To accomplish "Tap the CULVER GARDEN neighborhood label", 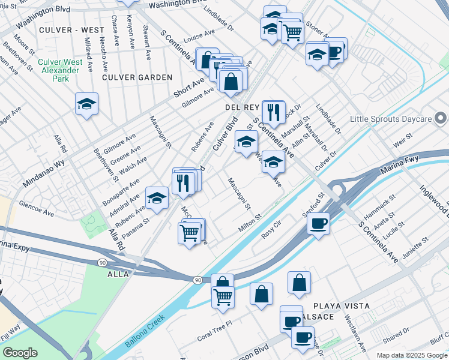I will pyautogui.click(x=137, y=77).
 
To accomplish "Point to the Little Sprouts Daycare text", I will pyautogui.click(x=391, y=119).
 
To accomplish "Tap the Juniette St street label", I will pyautogui.click(x=416, y=248).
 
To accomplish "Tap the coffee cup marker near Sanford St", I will pyautogui.click(x=318, y=224).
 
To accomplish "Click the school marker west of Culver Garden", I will pyautogui.click(x=87, y=104).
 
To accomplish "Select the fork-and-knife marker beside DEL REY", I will pyautogui.click(x=273, y=111).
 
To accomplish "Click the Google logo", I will pyautogui.click(x=20, y=353).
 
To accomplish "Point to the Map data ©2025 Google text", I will pyautogui.click(x=411, y=355).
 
